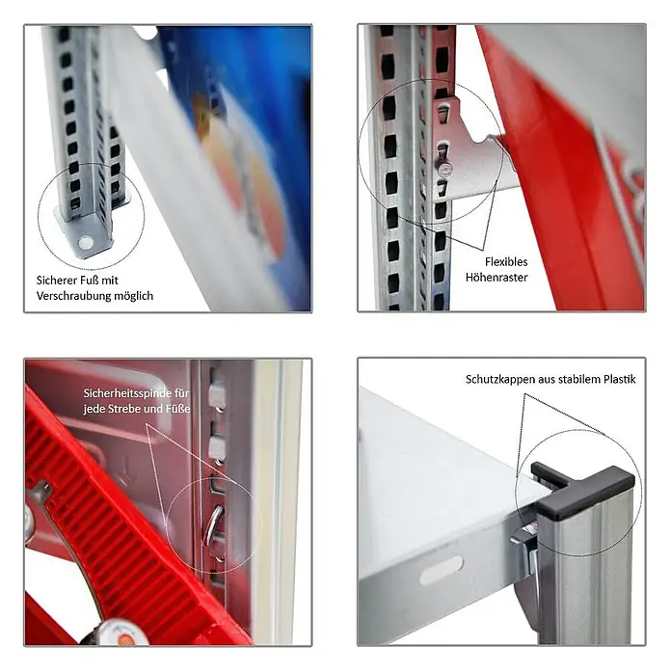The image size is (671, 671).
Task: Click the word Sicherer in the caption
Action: (55, 281)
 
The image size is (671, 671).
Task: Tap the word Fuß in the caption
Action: (88, 281)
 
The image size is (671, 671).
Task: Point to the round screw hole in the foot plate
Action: (85, 243)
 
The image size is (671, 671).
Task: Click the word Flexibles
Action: (506, 261)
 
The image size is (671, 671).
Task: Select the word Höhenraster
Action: (497, 278)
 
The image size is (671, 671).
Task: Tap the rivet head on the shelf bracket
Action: (444, 170)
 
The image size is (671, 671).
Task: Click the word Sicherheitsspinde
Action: (125, 393)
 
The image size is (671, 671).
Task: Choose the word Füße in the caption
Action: (177, 409)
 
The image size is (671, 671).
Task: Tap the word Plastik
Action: (620, 379)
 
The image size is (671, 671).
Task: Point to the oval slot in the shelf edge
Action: (442, 571)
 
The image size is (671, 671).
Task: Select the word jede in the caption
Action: (92, 409)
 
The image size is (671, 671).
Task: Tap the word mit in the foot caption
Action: (110, 281)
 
